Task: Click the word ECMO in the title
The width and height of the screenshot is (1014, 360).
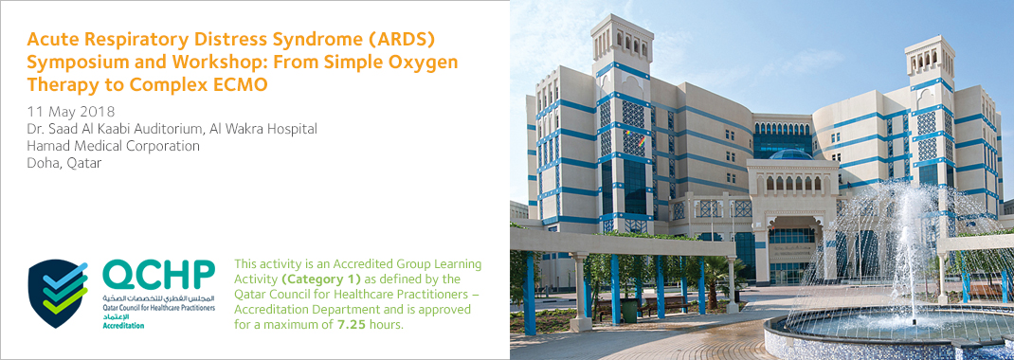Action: point(244,84)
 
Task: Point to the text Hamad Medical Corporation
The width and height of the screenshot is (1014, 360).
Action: point(113,146)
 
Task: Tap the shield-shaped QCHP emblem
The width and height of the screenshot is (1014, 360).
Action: point(58,293)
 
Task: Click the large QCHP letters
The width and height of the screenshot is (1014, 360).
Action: point(158,277)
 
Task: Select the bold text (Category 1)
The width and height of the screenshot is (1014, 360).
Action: point(316,279)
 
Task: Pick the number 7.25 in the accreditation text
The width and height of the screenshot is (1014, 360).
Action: point(352,324)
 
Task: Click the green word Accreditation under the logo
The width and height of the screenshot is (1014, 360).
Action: point(123,325)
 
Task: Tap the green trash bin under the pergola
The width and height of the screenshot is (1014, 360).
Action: point(628,311)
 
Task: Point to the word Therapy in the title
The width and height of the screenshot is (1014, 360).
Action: point(58,84)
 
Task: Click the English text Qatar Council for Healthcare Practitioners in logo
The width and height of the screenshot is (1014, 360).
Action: point(158,308)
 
